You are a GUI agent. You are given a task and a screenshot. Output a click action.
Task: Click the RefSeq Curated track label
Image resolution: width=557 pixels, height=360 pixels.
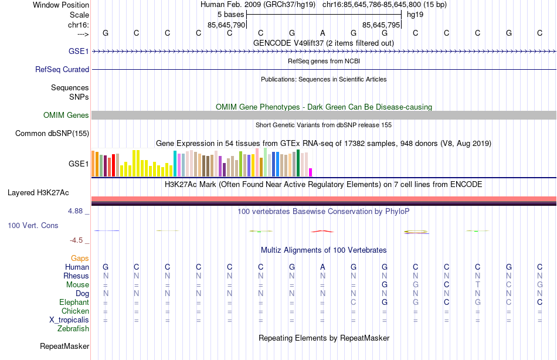tap(62, 69)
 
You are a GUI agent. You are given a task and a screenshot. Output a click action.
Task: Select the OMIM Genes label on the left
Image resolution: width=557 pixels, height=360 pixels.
tap(66, 116)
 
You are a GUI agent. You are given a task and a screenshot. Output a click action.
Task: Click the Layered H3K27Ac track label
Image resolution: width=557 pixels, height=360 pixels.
tap(38, 192)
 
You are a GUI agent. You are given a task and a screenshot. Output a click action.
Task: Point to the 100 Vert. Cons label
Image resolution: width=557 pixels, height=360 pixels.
tap(33, 225)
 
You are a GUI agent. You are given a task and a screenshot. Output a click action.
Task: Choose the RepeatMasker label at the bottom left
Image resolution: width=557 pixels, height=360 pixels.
tap(64, 347)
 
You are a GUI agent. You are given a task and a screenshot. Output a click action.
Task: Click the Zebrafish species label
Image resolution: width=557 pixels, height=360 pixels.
tap(74, 329)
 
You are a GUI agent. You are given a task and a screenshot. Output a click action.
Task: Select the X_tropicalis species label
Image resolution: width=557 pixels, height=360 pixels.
tap(69, 320)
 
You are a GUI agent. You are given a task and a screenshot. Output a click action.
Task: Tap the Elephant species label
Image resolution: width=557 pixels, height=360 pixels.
tap(74, 303)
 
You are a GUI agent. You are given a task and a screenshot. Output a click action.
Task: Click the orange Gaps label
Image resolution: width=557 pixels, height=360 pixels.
tap(80, 258)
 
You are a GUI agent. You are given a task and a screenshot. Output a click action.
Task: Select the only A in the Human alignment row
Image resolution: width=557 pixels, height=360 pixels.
tap(322, 267)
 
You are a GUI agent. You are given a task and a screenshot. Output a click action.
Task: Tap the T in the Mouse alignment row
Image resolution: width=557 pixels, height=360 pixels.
tap(477, 285)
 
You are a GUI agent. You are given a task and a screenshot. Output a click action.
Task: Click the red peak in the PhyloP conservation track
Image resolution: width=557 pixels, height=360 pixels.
tap(322, 231)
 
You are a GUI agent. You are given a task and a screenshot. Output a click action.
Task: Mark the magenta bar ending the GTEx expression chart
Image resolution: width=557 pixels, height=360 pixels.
tap(310, 172)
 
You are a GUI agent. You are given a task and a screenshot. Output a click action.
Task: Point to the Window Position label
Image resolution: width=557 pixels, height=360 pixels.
tap(61, 5)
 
